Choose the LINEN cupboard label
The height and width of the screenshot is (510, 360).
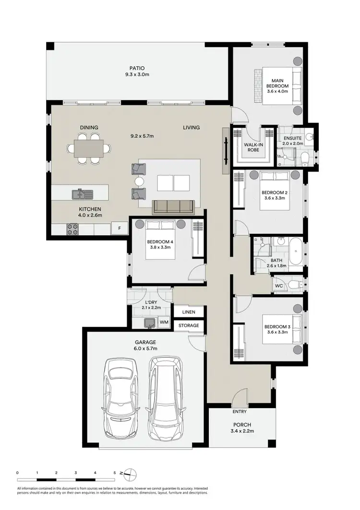[x=189, y=312]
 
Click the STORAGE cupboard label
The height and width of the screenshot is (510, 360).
[x=189, y=326]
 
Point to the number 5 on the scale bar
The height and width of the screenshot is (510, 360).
[x=115, y=473]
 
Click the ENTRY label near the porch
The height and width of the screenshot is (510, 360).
[x=240, y=412]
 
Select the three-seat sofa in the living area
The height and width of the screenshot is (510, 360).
[x=173, y=206]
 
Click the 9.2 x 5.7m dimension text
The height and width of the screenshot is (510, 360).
[x=142, y=136]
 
